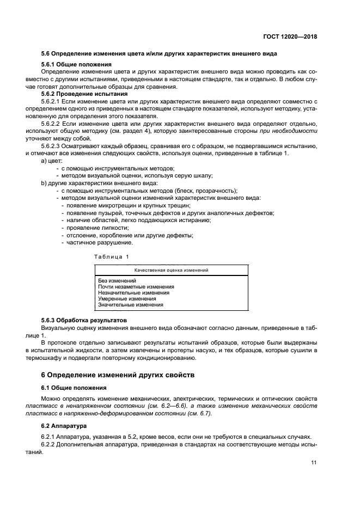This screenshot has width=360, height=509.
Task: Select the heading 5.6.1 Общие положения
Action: point(77,65)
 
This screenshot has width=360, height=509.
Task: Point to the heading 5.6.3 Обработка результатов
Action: point(84,321)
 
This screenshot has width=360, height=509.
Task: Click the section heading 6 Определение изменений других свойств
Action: point(117,375)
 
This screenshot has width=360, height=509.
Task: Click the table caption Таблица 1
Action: point(111,256)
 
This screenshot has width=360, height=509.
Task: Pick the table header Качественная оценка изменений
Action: point(171,269)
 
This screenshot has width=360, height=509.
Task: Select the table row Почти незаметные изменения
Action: point(136,287)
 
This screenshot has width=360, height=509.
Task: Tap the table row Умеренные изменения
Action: point(127,299)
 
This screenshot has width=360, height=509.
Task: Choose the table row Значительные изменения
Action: point(131,305)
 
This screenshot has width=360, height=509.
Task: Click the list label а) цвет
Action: point(52,161)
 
